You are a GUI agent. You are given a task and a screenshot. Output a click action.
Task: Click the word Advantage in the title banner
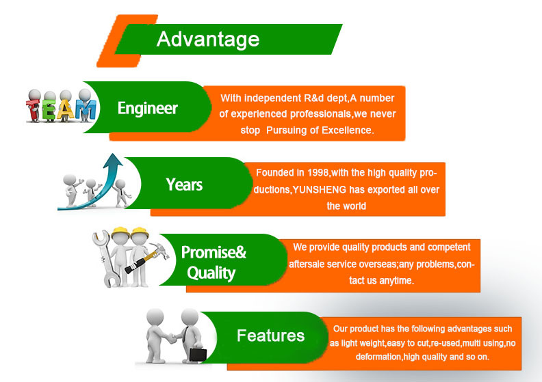[x=208, y=40]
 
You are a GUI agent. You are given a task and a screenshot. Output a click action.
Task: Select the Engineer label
[x=148, y=109]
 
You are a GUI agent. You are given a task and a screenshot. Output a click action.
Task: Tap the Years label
[x=184, y=185]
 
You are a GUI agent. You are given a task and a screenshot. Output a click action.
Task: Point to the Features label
[x=270, y=336]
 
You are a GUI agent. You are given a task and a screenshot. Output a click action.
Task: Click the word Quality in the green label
[x=211, y=273]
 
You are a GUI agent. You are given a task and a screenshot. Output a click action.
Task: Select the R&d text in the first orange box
[x=314, y=98]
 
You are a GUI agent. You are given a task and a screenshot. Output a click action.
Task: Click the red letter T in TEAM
[x=34, y=109]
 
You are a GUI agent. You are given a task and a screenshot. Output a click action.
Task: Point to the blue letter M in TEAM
[x=86, y=111]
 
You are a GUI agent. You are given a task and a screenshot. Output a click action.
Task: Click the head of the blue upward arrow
[x=113, y=161]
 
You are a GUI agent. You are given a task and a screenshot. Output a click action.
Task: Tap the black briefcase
[x=198, y=355]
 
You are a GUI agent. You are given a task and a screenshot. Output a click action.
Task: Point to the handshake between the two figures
[x=172, y=338]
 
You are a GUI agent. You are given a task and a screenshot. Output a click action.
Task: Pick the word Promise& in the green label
[x=214, y=253]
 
